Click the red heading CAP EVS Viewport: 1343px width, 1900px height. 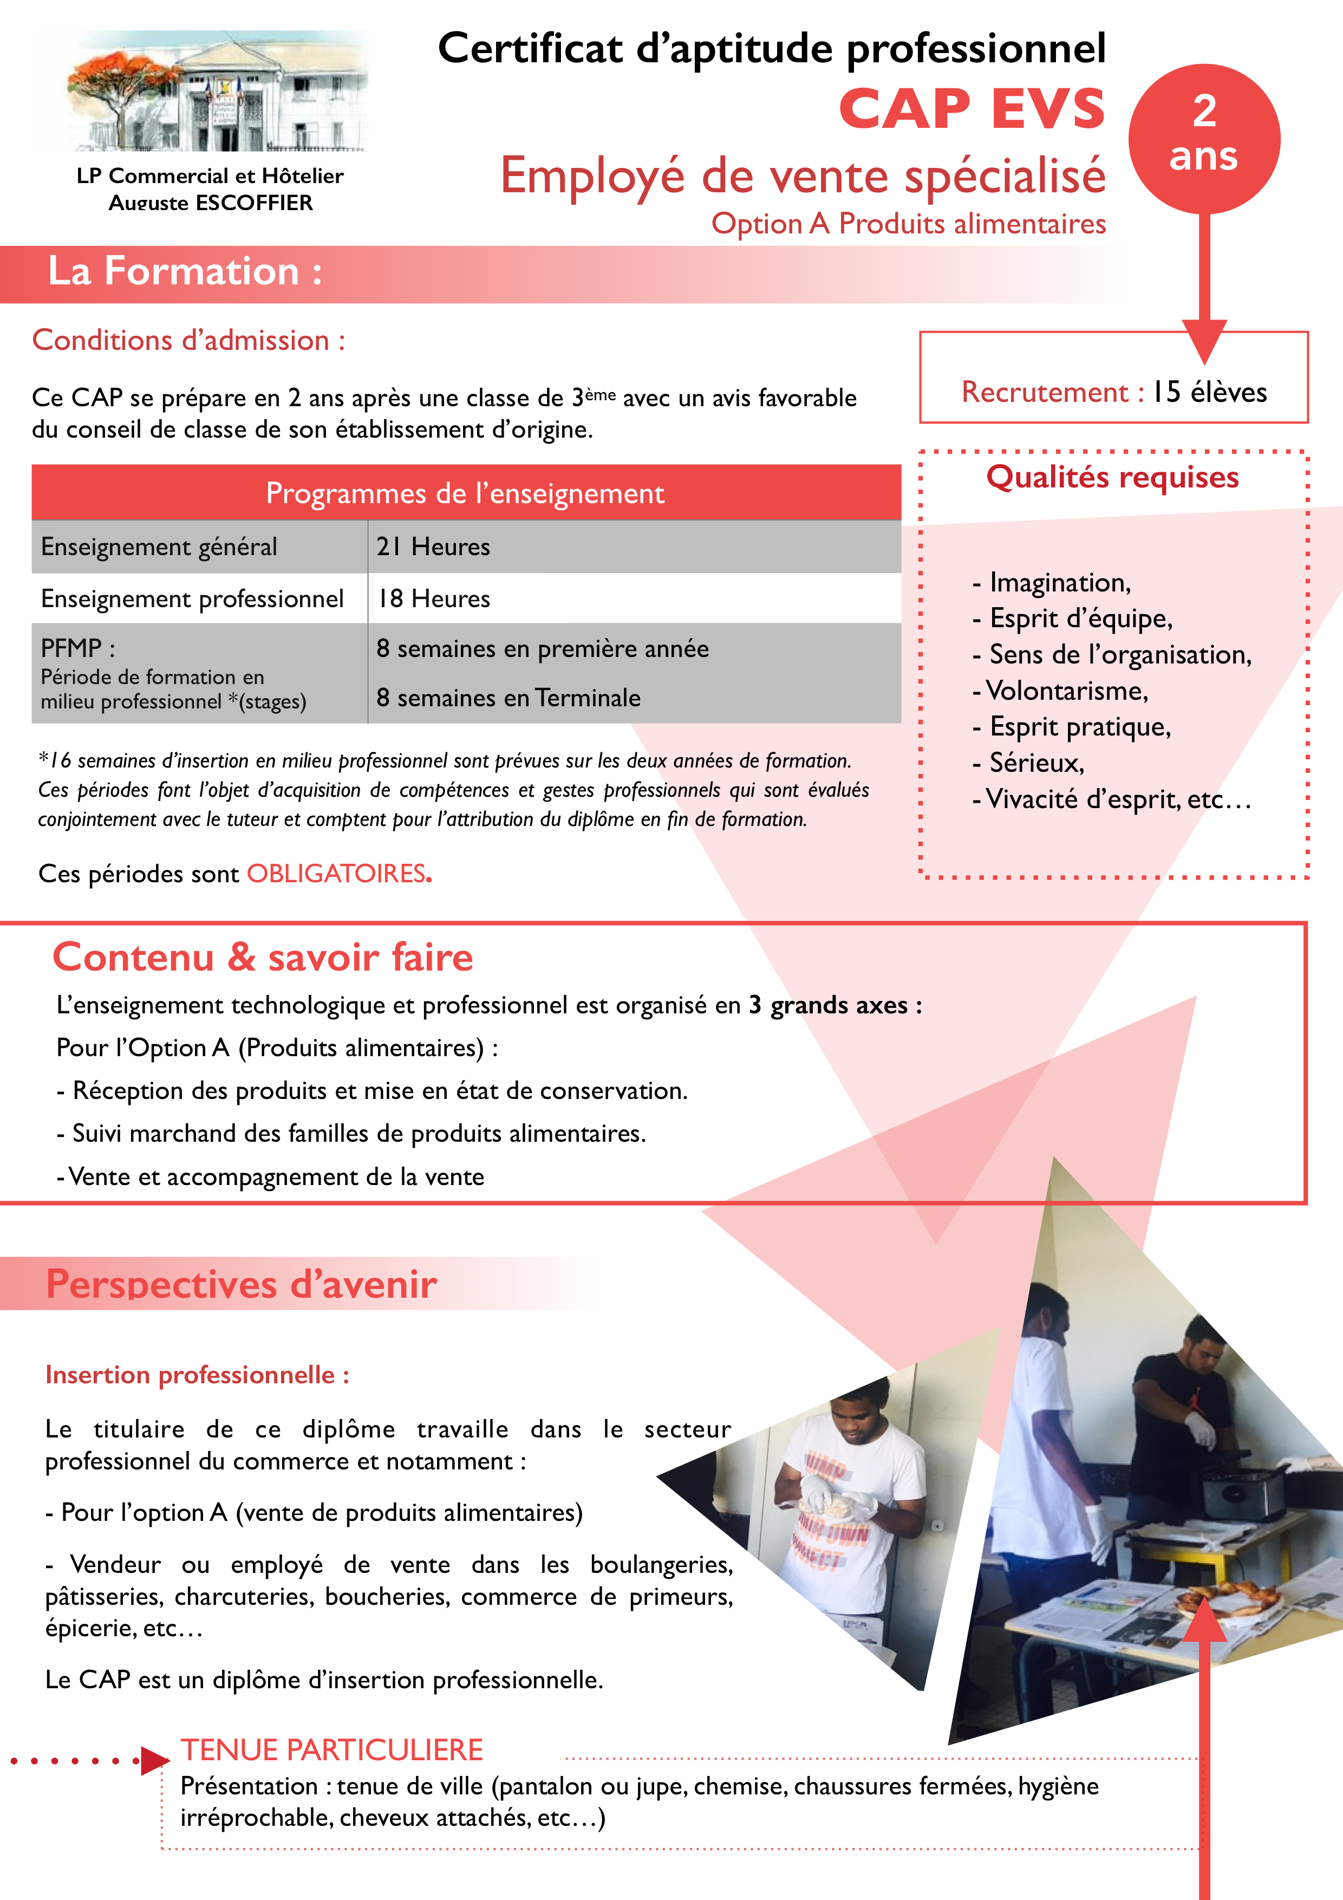tap(972, 109)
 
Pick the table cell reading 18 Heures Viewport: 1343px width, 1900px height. tap(434, 598)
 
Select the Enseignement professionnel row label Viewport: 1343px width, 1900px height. tap(192, 598)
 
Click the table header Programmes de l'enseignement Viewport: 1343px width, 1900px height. tap(465, 493)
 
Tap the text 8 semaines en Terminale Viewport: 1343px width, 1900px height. tap(508, 698)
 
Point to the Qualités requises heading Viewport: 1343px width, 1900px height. tap(1112, 478)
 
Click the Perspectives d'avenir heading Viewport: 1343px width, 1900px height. tap(241, 1284)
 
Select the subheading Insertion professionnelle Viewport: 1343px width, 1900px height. tap(197, 1375)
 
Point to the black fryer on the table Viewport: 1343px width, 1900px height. tap(1241, 1493)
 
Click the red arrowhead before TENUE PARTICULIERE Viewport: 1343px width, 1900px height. tap(154, 1760)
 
